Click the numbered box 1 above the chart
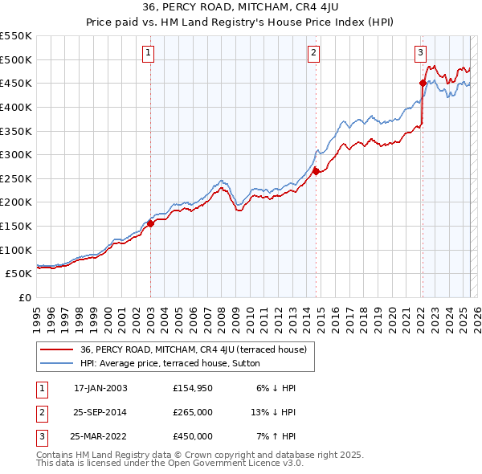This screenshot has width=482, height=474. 149,54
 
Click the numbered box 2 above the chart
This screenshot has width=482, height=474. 312,54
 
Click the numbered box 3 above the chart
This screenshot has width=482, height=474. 420,54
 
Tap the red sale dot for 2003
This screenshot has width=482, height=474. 150,224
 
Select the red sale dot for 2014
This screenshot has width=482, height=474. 316,171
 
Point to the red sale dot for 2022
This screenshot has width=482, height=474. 423,82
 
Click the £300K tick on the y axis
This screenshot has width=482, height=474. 15,154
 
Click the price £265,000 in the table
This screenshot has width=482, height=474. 193,412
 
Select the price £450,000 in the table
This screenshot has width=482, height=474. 193,436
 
